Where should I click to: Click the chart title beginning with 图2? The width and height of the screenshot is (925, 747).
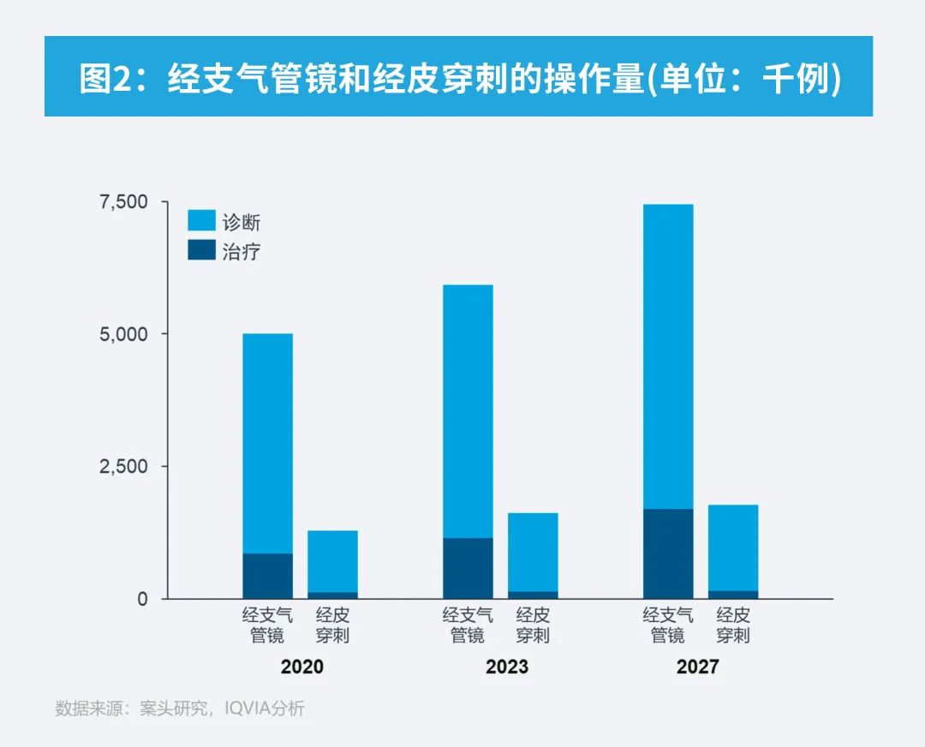(459, 78)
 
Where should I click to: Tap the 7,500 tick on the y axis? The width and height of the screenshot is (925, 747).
(124, 202)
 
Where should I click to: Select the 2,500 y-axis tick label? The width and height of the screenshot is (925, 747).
(124, 466)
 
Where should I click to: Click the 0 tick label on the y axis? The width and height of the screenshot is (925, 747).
(142, 599)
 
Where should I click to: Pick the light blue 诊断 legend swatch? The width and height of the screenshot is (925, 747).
(201, 221)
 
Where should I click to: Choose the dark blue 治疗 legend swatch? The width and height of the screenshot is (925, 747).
(201, 250)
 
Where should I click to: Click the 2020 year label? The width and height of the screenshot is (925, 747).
(301, 666)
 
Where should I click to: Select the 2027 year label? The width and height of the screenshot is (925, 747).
(698, 666)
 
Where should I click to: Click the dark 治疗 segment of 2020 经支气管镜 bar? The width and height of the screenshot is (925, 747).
(267, 576)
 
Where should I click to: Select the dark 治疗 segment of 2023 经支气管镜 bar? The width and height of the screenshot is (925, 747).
(468, 568)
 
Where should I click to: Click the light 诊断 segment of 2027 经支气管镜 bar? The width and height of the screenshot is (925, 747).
(668, 356)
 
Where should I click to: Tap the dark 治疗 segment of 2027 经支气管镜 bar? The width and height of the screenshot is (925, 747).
(668, 553)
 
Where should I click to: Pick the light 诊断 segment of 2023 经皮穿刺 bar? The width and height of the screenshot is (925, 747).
(533, 552)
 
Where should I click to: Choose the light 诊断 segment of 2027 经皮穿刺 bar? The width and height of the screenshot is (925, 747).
(733, 547)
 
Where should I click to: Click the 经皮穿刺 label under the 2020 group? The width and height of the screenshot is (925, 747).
(332, 625)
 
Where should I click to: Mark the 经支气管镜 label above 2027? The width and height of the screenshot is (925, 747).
(668, 625)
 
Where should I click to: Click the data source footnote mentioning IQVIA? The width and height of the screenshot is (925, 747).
(180, 708)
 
